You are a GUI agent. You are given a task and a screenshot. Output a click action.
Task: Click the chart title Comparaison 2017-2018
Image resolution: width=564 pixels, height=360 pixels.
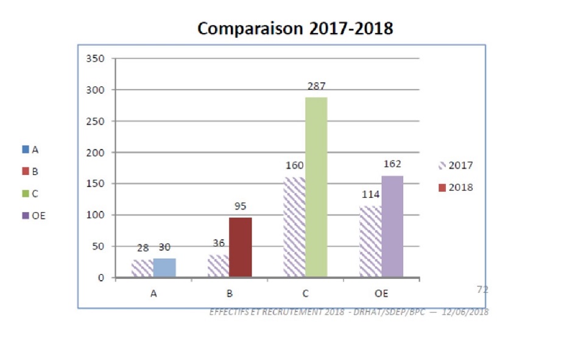[x=295, y=29]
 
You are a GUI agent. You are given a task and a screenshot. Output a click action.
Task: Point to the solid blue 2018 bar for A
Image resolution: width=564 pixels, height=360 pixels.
[x=164, y=268]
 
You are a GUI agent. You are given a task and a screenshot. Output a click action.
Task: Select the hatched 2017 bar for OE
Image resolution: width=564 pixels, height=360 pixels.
[x=370, y=242]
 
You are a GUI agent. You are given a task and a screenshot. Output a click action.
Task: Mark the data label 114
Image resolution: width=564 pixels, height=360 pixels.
[x=371, y=195]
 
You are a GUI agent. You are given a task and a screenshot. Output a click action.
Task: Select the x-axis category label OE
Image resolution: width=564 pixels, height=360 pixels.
[x=381, y=294]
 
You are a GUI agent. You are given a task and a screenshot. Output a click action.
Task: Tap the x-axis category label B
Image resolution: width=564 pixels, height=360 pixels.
[x=230, y=294]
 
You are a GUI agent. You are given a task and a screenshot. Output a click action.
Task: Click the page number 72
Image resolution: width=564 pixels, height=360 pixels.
[x=482, y=290]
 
